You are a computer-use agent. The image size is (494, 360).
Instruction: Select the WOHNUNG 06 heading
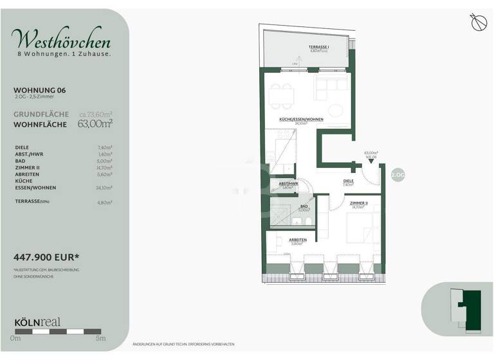click(x=40, y=91)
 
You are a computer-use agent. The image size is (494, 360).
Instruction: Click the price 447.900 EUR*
click(x=46, y=258)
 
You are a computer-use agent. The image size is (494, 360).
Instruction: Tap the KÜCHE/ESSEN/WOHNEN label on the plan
click(x=301, y=120)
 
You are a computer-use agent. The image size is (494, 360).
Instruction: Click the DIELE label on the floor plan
click(x=348, y=181)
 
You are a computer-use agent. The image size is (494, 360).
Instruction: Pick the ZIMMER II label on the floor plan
click(x=359, y=203)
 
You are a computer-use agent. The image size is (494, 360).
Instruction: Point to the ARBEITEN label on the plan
click(x=297, y=240)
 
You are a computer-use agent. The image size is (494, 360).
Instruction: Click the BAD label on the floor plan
click(x=304, y=206)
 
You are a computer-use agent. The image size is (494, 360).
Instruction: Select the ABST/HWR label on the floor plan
click(x=287, y=184)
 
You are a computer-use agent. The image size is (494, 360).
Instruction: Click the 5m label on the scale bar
click(x=100, y=338)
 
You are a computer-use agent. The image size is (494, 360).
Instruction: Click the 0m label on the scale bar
click(x=15, y=338)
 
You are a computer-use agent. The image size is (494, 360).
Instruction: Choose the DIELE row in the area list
click(x=22, y=147)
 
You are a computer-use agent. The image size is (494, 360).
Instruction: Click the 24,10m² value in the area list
click(x=103, y=188)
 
